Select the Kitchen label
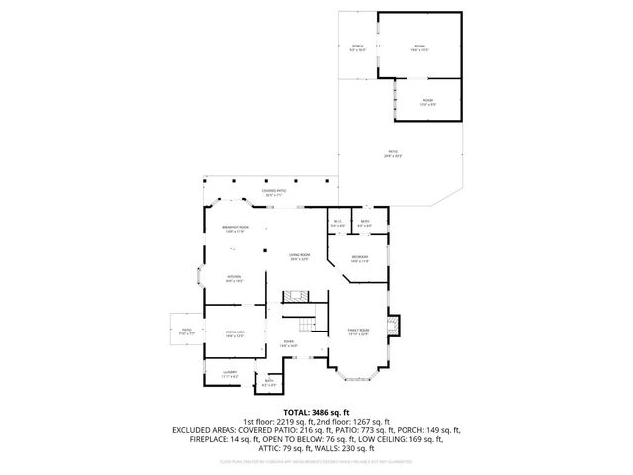coord(235,278)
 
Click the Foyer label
coord(288,342)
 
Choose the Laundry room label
coord(229,374)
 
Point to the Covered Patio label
coord(274,193)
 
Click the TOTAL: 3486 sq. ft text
coord(316,411)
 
